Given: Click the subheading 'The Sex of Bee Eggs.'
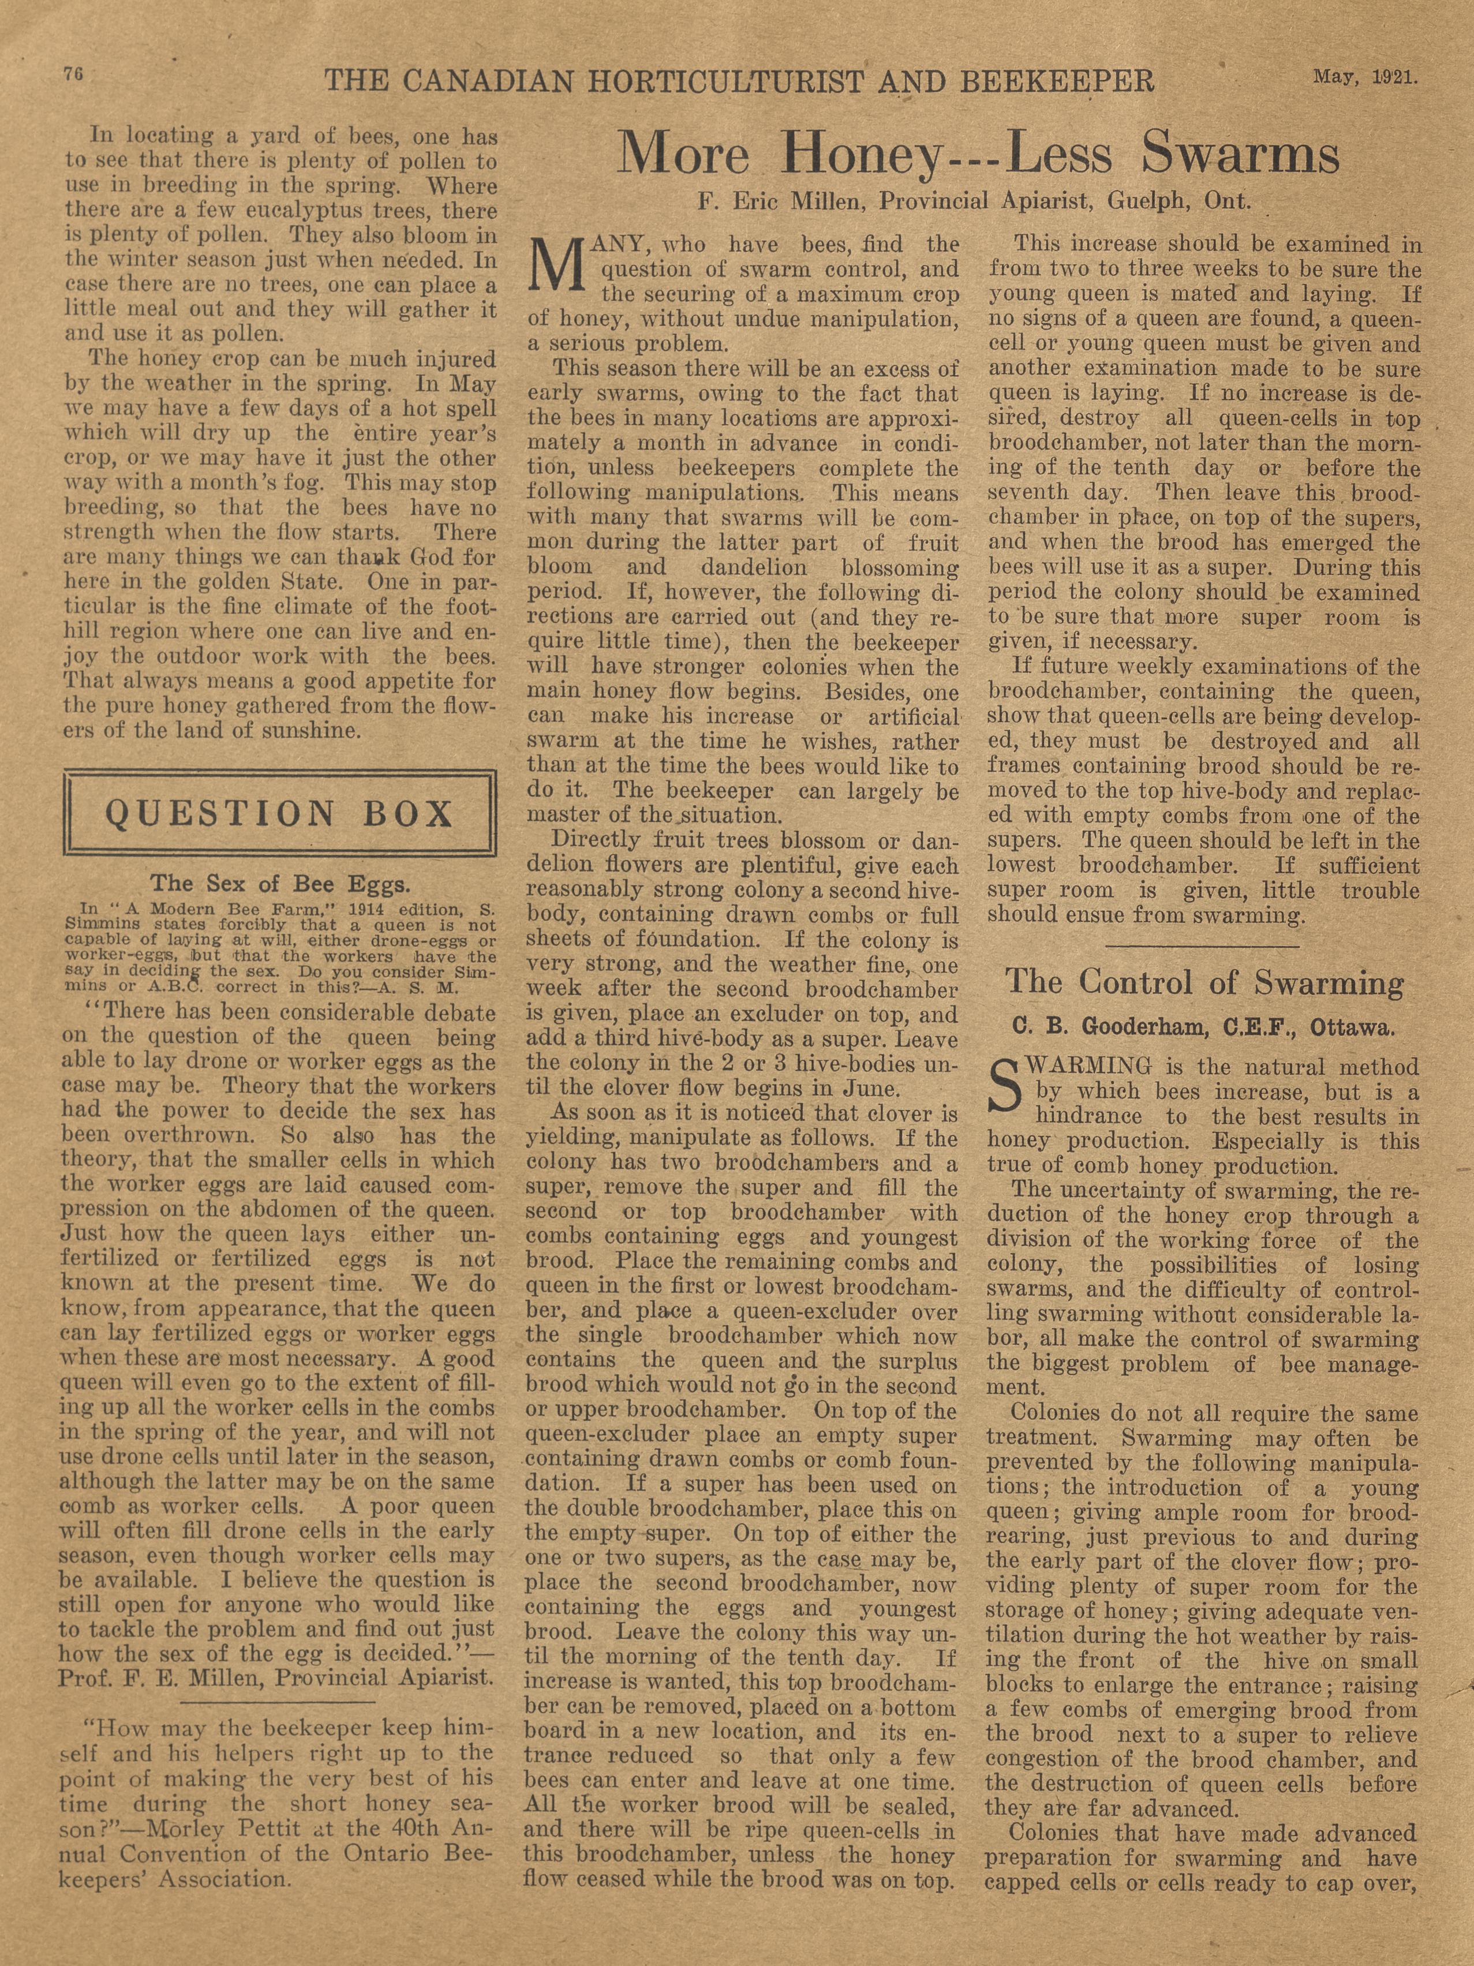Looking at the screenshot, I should pyautogui.click(x=280, y=884).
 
